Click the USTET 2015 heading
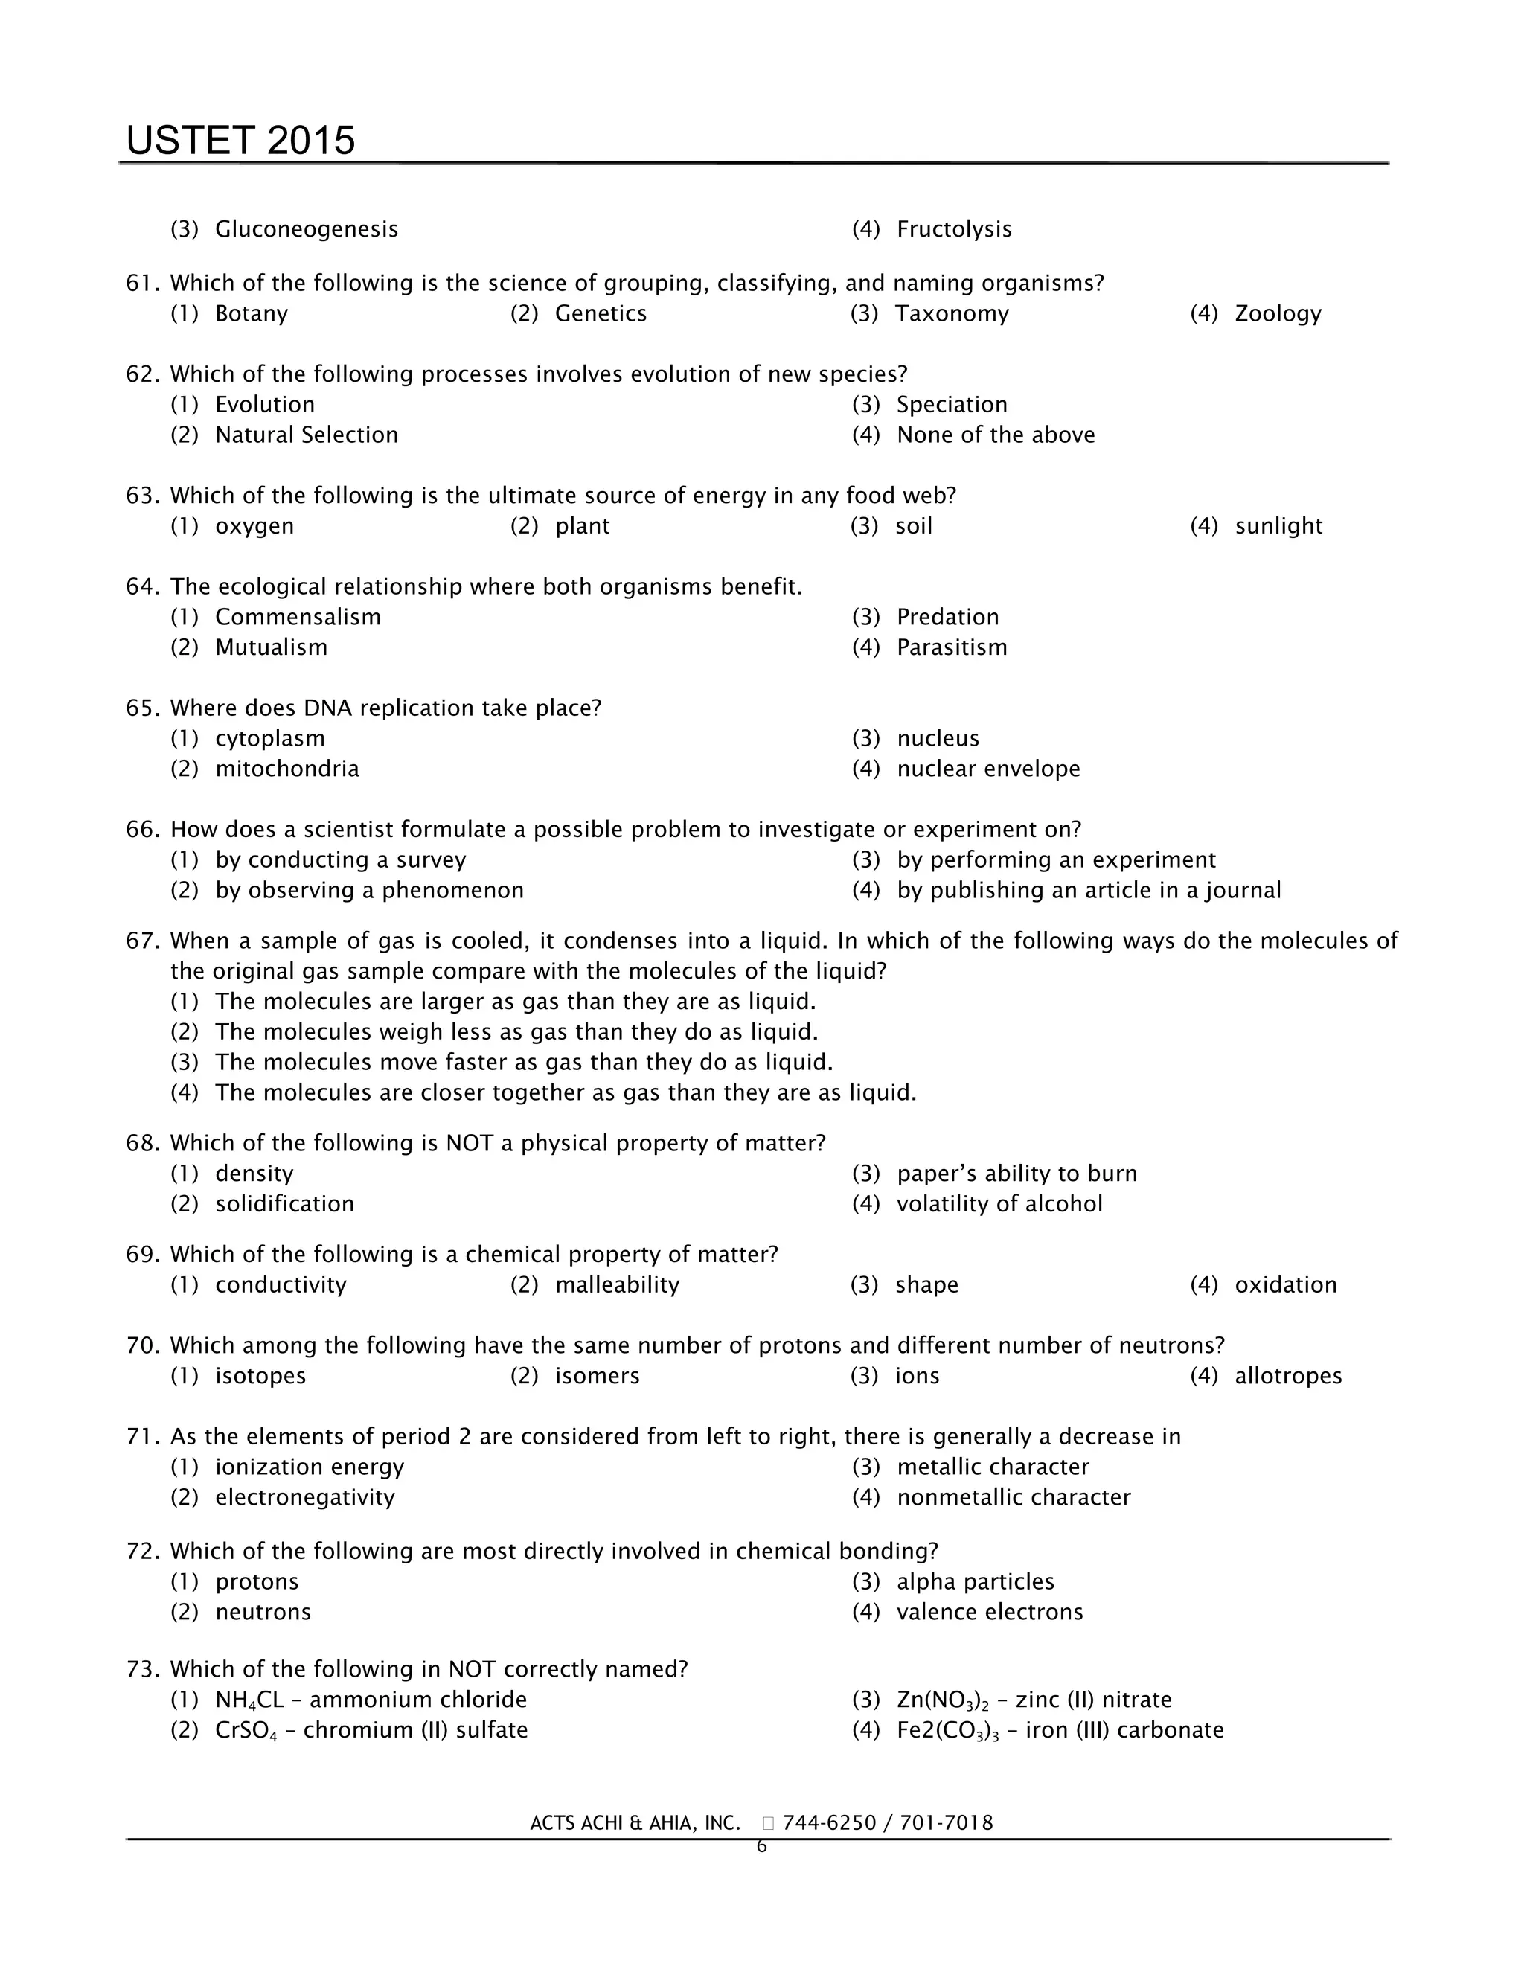(x=240, y=141)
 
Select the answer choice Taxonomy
(x=952, y=314)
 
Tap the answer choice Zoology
(x=1278, y=314)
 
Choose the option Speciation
(x=952, y=406)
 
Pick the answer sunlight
(x=1278, y=526)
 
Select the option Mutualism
(x=271, y=648)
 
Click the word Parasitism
(x=952, y=648)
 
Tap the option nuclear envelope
(x=987, y=769)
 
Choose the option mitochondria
(x=287, y=769)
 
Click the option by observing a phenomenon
(x=369, y=891)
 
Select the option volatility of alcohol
(x=999, y=1205)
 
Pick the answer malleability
(x=617, y=1286)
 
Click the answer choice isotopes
(x=260, y=1377)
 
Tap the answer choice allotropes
(x=1288, y=1377)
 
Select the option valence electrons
(x=990, y=1613)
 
